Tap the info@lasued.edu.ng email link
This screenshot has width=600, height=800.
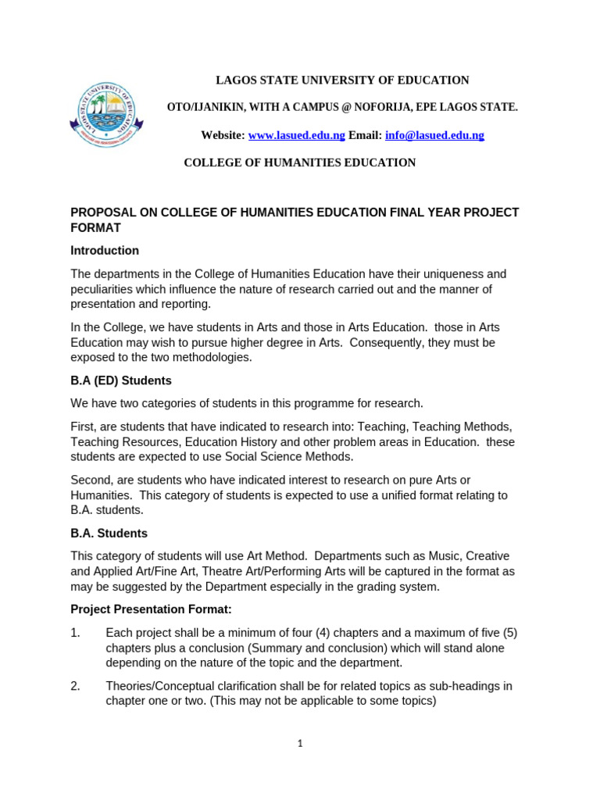point(434,135)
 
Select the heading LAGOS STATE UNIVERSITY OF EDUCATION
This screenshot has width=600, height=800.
point(342,80)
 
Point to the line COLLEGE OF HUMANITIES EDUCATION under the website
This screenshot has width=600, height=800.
point(299,162)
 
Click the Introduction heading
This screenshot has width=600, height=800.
point(105,251)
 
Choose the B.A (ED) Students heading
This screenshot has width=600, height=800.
point(121,380)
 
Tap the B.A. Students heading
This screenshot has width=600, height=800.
point(109,534)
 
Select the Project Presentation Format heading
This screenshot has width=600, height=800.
point(152,609)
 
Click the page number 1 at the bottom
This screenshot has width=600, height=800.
point(299,744)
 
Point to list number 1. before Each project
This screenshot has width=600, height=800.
point(76,633)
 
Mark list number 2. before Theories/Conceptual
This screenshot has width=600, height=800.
point(76,686)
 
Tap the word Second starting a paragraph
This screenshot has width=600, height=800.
point(91,480)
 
